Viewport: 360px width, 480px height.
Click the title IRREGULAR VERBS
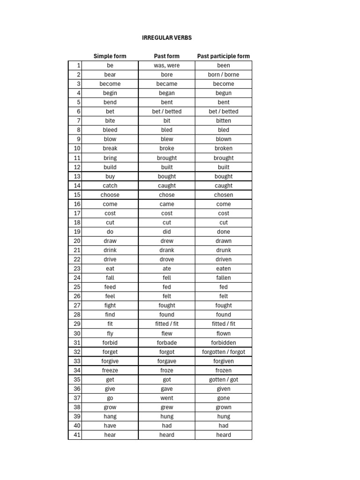(167, 37)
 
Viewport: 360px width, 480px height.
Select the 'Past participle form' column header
(224, 56)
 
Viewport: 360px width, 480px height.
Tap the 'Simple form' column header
(110, 56)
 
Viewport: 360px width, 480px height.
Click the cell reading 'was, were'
(166, 66)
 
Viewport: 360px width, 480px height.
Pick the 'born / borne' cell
(224, 75)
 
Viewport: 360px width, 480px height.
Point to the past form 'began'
(166, 93)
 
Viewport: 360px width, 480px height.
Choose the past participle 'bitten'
(224, 121)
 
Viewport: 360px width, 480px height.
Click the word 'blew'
(166, 139)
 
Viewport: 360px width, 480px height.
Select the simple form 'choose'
(110, 195)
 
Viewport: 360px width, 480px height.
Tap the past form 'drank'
(166, 250)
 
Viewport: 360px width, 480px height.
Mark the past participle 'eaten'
(224, 269)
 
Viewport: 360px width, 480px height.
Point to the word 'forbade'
(166, 343)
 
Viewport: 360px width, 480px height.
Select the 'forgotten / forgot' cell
(224, 352)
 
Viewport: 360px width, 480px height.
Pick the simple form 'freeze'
(110, 370)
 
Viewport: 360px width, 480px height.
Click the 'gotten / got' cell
(224, 380)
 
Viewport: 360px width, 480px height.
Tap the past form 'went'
(166, 398)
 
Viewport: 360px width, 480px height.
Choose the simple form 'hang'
(110, 416)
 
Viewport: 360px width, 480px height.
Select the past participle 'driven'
(224, 259)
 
